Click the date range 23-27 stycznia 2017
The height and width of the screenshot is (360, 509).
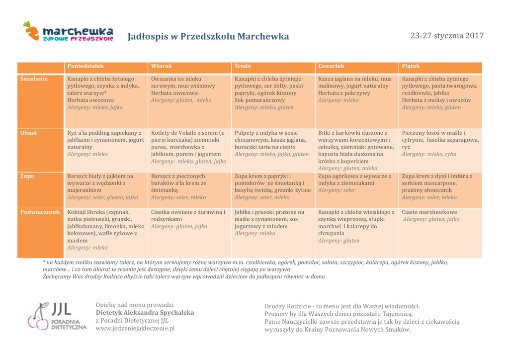click(x=446, y=36)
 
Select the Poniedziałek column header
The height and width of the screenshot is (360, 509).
click(x=85, y=66)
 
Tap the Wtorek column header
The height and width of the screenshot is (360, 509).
click(x=162, y=66)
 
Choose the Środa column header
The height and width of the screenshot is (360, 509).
click(x=243, y=66)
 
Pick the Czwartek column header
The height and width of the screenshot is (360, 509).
click(x=331, y=66)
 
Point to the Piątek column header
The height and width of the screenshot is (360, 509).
click(x=411, y=66)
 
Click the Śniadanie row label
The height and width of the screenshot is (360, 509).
click(x=34, y=79)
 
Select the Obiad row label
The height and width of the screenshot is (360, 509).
click(x=28, y=133)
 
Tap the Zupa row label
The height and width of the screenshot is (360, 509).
click(x=27, y=176)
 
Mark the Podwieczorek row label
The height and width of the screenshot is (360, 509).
click(x=40, y=212)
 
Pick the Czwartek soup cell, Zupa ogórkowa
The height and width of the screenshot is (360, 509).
click(x=356, y=183)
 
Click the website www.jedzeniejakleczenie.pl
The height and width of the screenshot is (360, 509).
click(x=135, y=329)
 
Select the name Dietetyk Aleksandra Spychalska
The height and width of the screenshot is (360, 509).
click(x=145, y=313)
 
